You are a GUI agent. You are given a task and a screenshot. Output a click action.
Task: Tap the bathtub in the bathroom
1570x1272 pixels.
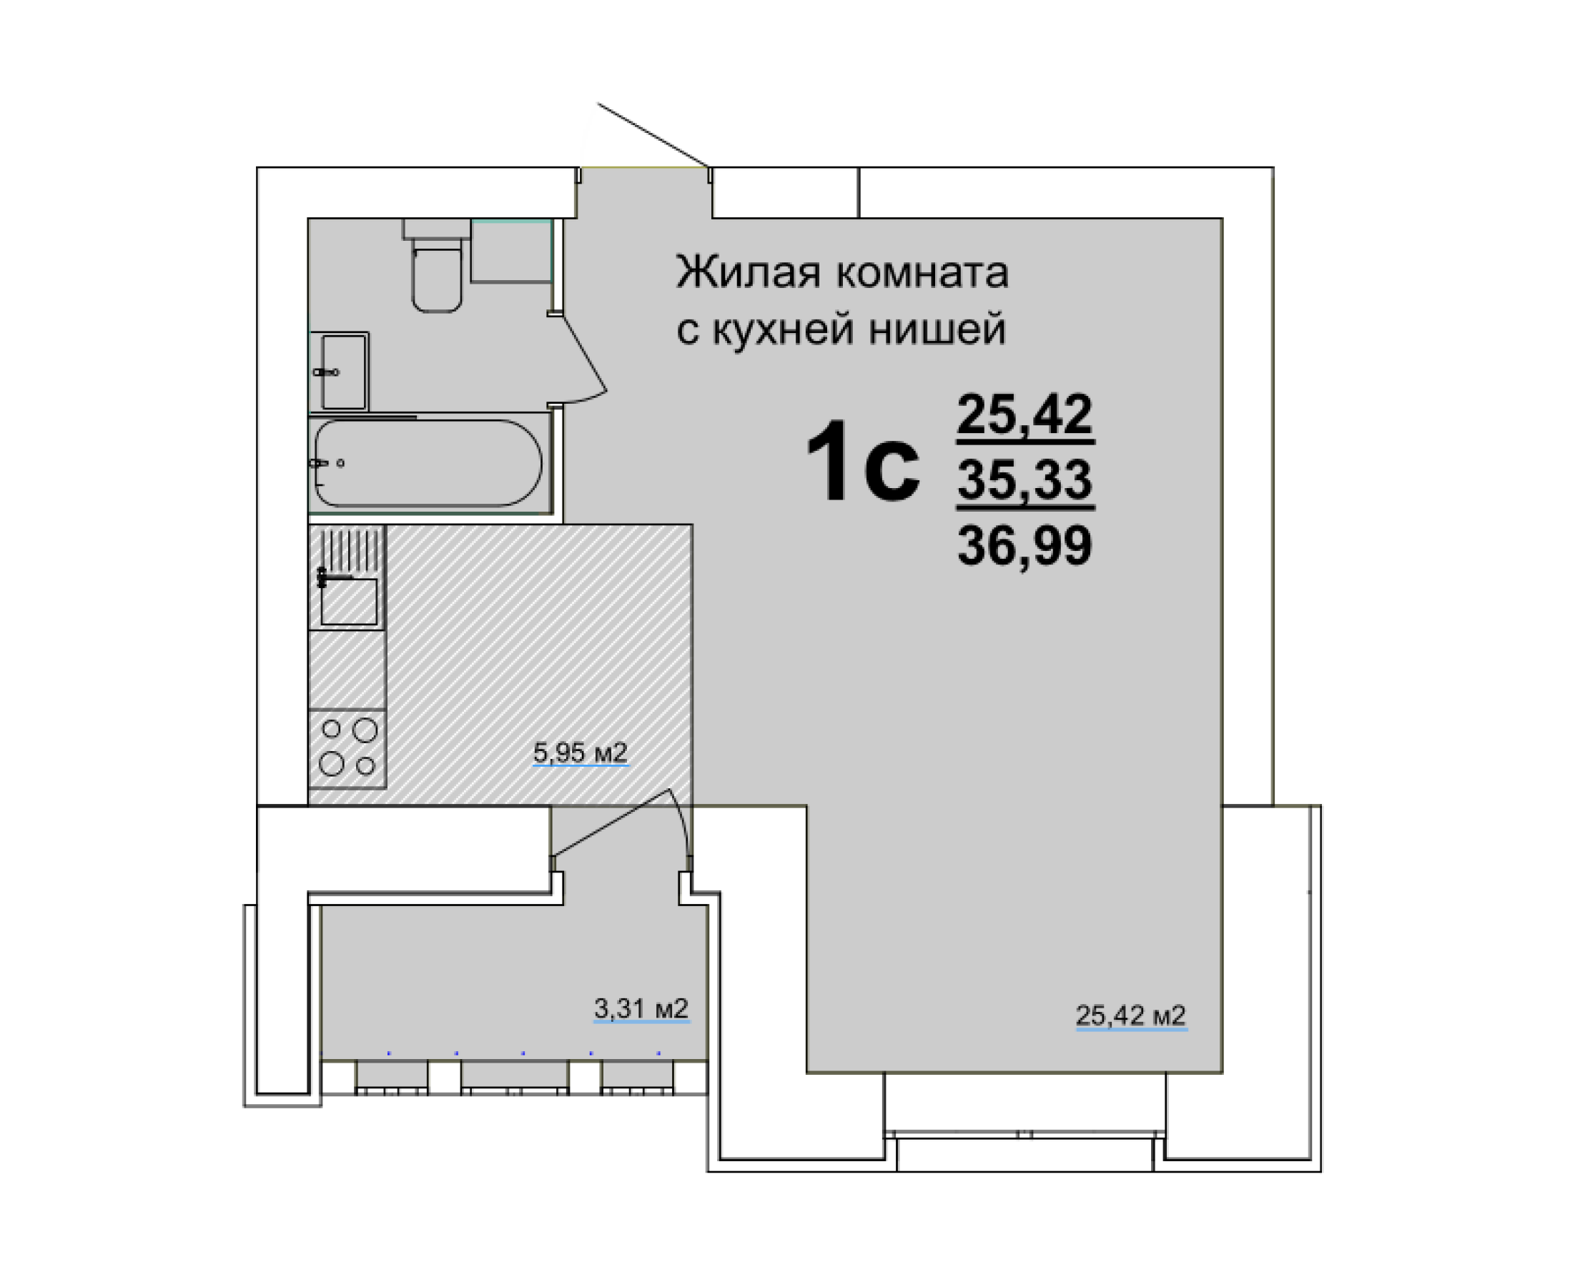pos(428,463)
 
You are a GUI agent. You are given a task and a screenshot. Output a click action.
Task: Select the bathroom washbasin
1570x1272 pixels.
pos(343,372)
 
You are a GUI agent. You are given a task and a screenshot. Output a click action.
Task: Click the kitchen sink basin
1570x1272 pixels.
pos(349,602)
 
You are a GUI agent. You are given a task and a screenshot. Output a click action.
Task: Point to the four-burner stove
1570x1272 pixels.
pos(347,748)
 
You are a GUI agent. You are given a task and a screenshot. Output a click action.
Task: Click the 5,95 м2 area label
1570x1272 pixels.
pos(580,752)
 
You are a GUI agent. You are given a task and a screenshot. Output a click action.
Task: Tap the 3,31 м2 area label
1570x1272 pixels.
pos(641,1009)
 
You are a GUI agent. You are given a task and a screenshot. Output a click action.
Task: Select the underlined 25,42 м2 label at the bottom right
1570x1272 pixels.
pos(1130,1015)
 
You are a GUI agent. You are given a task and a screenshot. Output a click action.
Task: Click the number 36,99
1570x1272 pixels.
pos(1025,546)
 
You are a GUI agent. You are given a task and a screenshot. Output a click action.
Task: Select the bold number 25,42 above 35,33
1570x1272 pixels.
pos(1025,414)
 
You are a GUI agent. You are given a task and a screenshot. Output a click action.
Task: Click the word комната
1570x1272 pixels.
pos(922,272)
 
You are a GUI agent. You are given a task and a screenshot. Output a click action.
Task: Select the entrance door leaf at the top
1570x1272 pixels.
pos(651,134)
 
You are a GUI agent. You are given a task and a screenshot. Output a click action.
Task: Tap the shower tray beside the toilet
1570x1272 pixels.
pos(511,251)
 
